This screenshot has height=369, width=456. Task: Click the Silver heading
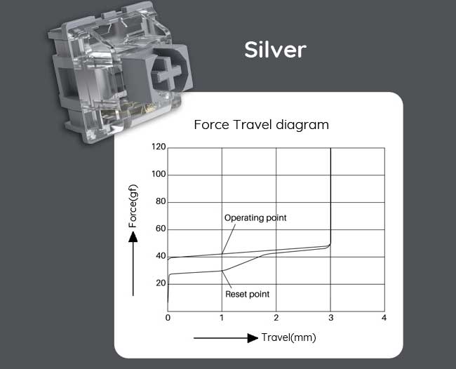click(x=275, y=50)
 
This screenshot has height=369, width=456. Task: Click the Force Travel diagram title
click(x=261, y=125)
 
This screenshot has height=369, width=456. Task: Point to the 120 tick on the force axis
click(x=159, y=147)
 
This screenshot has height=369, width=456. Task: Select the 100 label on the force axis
click(x=159, y=174)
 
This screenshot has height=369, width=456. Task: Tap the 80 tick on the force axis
click(x=161, y=201)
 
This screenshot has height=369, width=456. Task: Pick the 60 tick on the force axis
click(x=161, y=229)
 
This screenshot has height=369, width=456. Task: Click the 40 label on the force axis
click(x=161, y=256)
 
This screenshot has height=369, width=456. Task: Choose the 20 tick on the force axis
click(x=161, y=283)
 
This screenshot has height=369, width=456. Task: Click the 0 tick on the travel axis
click(x=168, y=318)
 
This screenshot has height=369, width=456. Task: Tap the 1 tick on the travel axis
click(x=222, y=318)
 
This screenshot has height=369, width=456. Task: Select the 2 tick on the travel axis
click(x=276, y=318)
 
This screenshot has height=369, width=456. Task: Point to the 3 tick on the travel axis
click(x=330, y=318)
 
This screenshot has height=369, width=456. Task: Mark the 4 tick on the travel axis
click(x=384, y=318)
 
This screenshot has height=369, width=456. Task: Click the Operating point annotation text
click(x=255, y=217)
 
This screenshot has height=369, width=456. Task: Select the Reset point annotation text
click(x=248, y=294)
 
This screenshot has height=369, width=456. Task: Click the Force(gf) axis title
click(x=133, y=206)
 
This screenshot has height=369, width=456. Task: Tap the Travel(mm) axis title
click(x=289, y=337)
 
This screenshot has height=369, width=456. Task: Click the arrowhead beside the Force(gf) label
click(x=133, y=236)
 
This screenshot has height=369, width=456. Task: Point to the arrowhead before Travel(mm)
click(x=253, y=338)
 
